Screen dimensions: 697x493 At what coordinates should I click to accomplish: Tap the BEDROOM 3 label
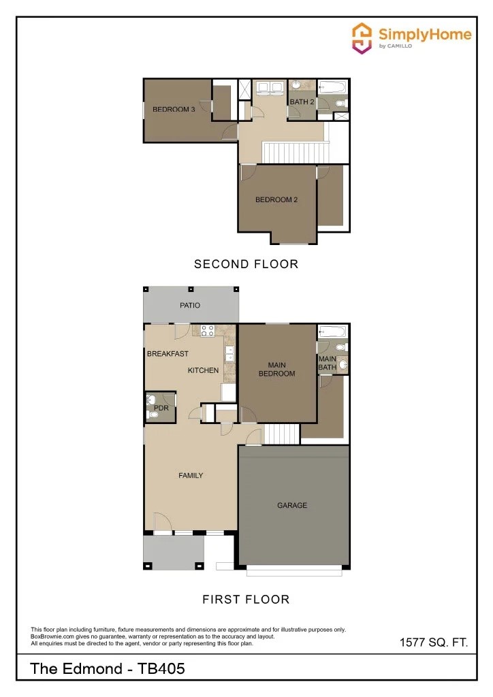pyautogui.click(x=174, y=109)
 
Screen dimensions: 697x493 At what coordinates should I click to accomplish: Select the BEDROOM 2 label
pyautogui.click(x=276, y=199)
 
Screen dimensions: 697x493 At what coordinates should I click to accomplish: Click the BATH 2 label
pyautogui.click(x=302, y=102)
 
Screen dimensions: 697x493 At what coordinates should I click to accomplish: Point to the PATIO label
pyautogui.click(x=190, y=306)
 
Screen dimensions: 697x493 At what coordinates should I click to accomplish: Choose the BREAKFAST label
pyautogui.click(x=168, y=354)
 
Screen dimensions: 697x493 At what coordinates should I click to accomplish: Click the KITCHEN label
pyautogui.click(x=203, y=370)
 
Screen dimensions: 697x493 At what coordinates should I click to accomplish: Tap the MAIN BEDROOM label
pyautogui.click(x=276, y=370)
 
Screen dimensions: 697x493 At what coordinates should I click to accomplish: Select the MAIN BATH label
pyautogui.click(x=328, y=363)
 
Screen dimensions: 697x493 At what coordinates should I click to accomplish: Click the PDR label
pyautogui.click(x=161, y=408)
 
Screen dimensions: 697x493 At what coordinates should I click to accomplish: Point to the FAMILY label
pyautogui.click(x=191, y=475)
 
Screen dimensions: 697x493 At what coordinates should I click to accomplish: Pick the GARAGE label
pyautogui.click(x=291, y=505)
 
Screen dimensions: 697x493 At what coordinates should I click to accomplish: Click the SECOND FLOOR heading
pyautogui.click(x=246, y=264)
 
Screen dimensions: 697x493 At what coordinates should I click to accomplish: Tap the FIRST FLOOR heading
pyautogui.click(x=246, y=600)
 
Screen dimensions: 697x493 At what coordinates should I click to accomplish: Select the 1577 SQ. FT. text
pyautogui.click(x=433, y=643)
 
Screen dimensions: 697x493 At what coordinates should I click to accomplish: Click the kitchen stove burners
pyautogui.click(x=208, y=331)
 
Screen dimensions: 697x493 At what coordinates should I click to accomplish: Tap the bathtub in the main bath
pyautogui.click(x=333, y=332)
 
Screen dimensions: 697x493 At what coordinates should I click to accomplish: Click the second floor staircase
pyautogui.click(x=296, y=152)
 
